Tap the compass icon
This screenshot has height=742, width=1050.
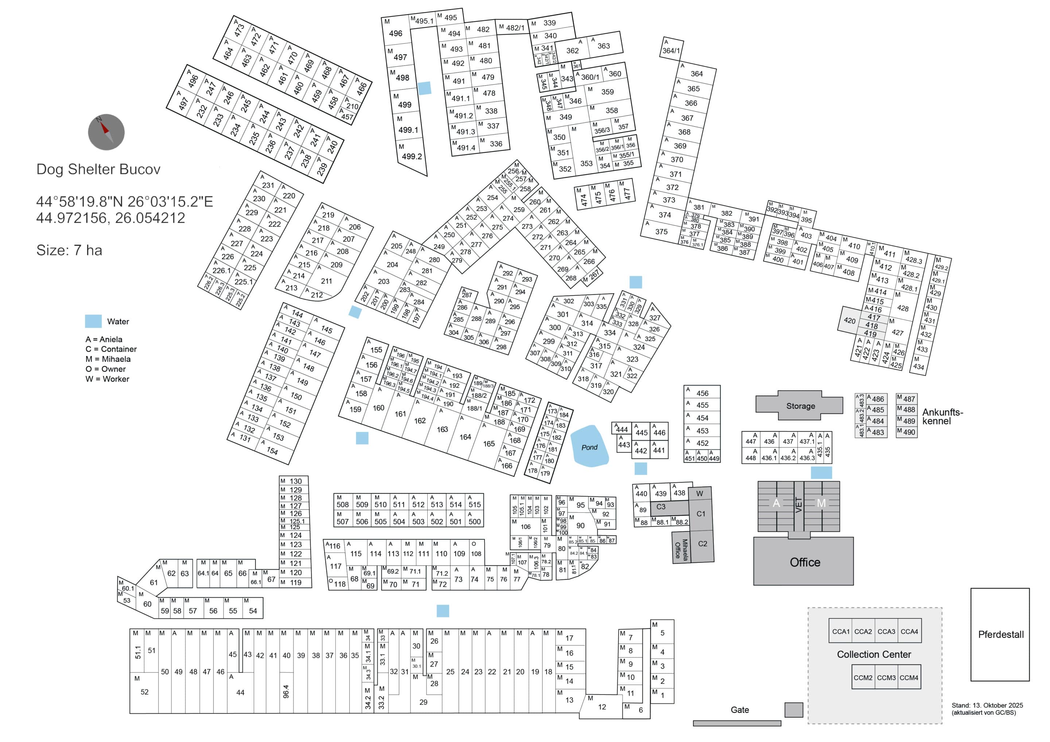point(106,132)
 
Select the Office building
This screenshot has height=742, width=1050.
point(804,562)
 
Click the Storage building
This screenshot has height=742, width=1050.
point(800,406)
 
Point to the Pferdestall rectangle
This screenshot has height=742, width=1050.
point(1000,634)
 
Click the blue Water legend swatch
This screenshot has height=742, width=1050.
point(93,321)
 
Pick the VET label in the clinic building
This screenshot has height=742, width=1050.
point(798,505)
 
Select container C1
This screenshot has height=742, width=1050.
point(701,514)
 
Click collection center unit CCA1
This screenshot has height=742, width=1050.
point(841,631)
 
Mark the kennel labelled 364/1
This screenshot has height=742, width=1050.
point(671,50)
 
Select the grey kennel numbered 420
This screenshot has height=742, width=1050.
point(849,320)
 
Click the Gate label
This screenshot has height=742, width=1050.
point(739,710)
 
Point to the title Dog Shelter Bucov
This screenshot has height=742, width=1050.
point(98,169)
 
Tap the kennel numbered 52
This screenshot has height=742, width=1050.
point(144,692)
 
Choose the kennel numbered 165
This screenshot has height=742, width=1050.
point(489,444)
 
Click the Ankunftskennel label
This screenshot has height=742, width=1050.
point(942,417)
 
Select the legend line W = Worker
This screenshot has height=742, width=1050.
point(107,379)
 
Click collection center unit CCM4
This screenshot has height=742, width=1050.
point(909,677)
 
